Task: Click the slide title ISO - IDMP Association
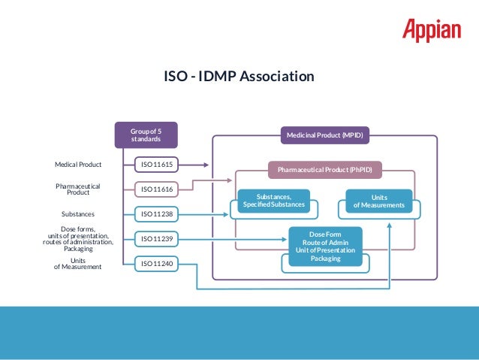tap(239, 77)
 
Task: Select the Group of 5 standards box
tap(146, 135)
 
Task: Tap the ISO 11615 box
tap(157, 164)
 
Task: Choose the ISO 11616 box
tap(157, 189)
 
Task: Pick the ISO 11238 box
tap(157, 214)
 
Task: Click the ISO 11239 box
tap(157, 239)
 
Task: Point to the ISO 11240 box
tap(157, 264)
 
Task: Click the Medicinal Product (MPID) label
tap(324, 136)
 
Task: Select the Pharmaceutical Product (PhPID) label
tap(324, 170)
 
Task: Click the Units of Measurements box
tap(378, 201)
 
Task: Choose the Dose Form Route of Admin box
tap(325, 246)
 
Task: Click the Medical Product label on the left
tap(78, 164)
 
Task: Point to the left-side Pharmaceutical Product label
tap(78, 189)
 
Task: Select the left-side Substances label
tap(78, 214)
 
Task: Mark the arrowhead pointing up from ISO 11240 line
tap(390, 225)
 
